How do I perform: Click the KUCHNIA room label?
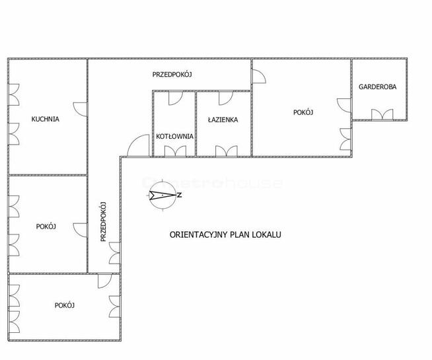45,119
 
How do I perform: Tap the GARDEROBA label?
377,87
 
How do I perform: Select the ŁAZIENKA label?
223,120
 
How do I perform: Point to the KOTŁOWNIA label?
174,136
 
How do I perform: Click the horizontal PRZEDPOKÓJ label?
172,75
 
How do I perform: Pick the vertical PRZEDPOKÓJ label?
103,222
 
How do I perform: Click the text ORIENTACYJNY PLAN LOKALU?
225,234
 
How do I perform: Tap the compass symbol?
162,195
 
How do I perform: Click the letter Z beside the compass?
180,196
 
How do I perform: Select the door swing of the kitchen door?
80,109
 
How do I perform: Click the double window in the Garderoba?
382,114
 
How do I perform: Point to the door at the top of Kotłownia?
176,98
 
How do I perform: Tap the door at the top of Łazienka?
226,98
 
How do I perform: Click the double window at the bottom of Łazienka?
227,151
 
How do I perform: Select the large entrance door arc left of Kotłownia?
138,146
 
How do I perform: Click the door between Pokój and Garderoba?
344,105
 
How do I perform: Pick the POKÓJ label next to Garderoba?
303,112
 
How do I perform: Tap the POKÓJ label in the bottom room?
65,305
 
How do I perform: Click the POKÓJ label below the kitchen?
46,227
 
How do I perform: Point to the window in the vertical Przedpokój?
115,253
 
